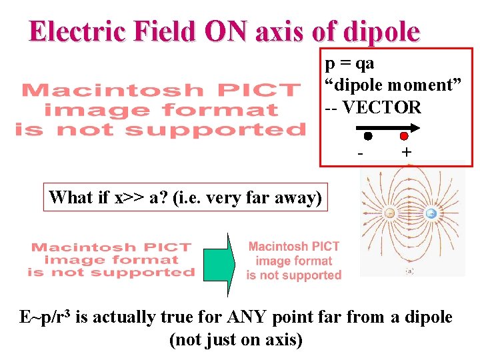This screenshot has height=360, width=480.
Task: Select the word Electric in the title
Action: point(74,31)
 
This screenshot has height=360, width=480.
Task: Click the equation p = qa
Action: point(350,63)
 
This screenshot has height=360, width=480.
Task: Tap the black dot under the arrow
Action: point(368,136)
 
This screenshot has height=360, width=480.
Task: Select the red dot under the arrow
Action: point(404,136)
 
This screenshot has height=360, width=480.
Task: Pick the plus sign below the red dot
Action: point(406,153)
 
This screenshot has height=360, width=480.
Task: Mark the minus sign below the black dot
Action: point(361,153)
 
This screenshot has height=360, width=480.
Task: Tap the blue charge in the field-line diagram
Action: point(431,214)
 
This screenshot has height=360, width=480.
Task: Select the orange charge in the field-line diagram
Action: point(391,213)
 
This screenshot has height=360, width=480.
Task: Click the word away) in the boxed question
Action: point(300,197)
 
